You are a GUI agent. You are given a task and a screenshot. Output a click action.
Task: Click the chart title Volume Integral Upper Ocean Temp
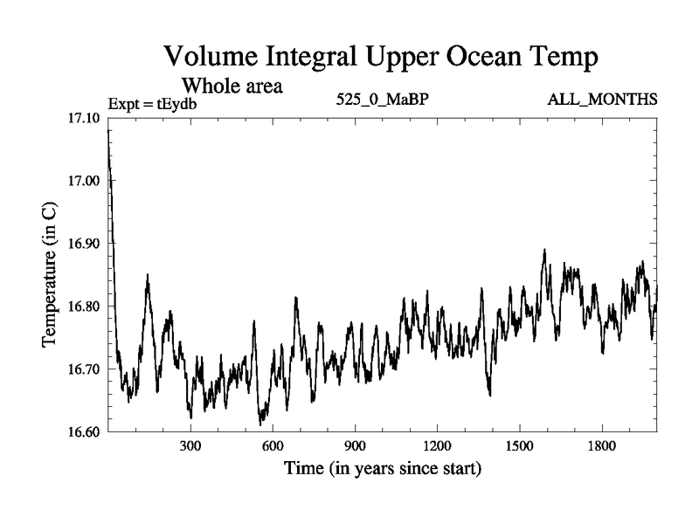pos(380,59)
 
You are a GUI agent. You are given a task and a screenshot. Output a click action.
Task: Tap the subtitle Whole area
pos(232,86)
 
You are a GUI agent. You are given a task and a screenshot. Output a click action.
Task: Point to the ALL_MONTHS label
pos(602,99)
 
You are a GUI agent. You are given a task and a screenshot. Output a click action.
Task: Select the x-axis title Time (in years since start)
pos(382,469)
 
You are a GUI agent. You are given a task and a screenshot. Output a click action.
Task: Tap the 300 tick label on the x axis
pos(190,445)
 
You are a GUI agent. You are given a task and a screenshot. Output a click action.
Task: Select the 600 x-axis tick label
pos(273,445)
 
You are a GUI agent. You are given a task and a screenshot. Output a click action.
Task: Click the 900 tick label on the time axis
pos(355,445)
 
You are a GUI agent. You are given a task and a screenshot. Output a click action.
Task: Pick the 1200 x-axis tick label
pos(437,445)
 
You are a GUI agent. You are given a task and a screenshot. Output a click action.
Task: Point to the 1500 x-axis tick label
pos(519,445)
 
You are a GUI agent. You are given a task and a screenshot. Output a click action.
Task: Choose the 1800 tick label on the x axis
pos(601,445)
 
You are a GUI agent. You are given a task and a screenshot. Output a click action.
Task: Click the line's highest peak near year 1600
pos(544,250)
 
